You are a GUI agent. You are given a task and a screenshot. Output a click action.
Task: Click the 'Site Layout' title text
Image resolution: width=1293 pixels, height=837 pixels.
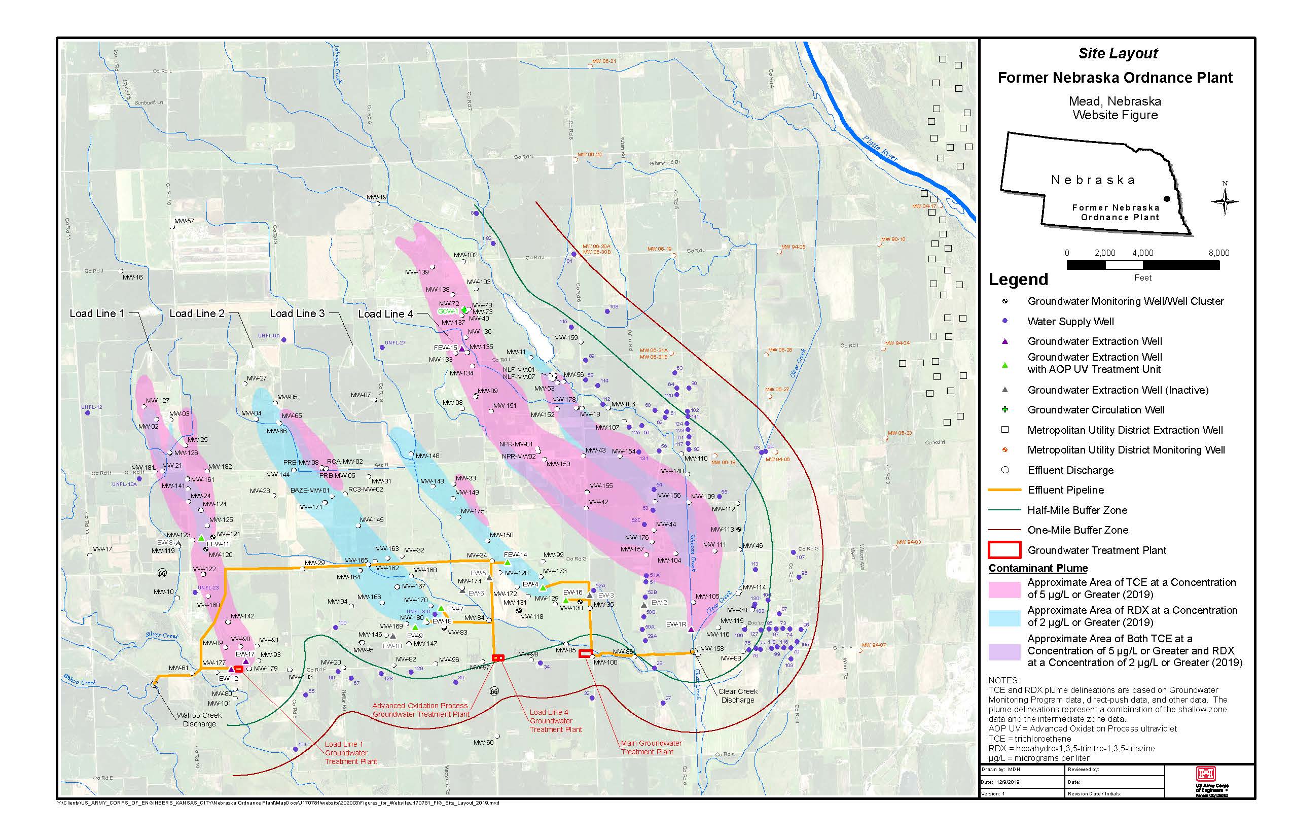click(1118, 53)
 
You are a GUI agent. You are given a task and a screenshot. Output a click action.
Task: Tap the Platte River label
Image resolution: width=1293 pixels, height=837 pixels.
click(880, 147)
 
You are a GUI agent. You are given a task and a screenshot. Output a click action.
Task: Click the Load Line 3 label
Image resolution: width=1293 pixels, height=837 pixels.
click(297, 313)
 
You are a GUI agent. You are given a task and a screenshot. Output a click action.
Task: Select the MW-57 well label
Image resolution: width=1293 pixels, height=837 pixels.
click(184, 221)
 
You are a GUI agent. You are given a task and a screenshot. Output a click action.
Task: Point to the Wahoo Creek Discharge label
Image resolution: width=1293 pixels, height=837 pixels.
click(199, 720)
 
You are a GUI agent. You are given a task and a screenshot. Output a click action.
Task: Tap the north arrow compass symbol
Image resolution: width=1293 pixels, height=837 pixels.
click(1225, 202)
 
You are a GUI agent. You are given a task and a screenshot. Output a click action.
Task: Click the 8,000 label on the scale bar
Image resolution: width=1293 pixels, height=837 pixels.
click(1218, 253)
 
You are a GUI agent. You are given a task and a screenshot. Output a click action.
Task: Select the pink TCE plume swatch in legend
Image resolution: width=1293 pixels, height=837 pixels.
click(1004, 588)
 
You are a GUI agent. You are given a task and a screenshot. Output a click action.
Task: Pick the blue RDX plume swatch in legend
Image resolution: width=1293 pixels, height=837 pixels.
click(1004, 617)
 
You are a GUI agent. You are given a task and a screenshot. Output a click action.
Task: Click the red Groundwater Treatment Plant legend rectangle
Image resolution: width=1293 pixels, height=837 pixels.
click(1004, 550)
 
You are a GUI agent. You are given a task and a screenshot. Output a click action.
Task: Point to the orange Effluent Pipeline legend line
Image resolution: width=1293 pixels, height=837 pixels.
click(1004, 490)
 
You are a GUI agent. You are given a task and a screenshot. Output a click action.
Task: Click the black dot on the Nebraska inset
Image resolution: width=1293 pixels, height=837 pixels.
click(1166, 199)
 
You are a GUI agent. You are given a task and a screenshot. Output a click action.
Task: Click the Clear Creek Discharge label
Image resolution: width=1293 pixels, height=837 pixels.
click(737, 695)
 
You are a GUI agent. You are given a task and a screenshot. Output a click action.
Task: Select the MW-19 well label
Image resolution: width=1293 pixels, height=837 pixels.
click(376, 197)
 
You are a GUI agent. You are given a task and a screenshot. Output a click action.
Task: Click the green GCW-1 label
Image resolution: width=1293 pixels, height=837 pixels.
click(448, 311)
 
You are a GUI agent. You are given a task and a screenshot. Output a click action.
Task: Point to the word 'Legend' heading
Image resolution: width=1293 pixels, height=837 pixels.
click(1018, 280)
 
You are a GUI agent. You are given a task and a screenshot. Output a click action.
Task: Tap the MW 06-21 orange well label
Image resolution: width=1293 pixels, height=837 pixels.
click(603, 61)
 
